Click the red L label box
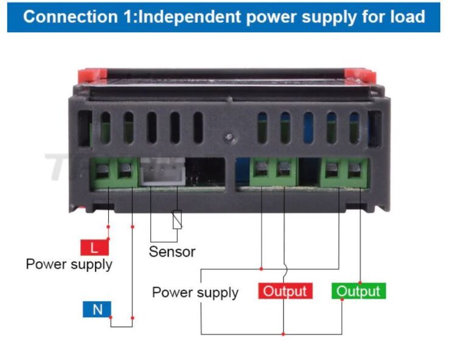pyautogui.click(x=94, y=247)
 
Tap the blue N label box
pyautogui.click(x=97, y=310)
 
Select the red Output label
pyautogui.click(x=285, y=291)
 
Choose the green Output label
pyautogui.click(x=358, y=291)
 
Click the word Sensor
pyautogui.click(x=172, y=251)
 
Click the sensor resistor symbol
pyautogui.click(x=177, y=219)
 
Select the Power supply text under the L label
pyautogui.click(x=69, y=265)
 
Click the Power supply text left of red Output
pyautogui.click(x=195, y=292)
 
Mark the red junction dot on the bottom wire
pyautogui.click(x=283, y=334)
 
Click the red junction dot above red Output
pyautogui.click(x=261, y=268)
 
